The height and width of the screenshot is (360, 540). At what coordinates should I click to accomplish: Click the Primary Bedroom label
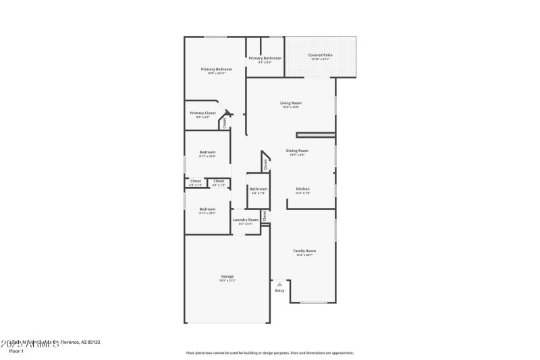click(216, 70)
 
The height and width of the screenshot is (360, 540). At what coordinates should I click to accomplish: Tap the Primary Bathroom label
click(265, 58)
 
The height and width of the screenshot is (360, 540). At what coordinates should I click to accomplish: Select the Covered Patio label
click(320, 55)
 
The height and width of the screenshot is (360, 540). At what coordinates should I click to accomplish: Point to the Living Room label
click(291, 103)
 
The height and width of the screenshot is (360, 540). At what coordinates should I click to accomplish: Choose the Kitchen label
click(302, 188)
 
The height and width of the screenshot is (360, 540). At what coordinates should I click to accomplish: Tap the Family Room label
click(305, 251)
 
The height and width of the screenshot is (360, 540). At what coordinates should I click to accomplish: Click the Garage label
click(227, 276)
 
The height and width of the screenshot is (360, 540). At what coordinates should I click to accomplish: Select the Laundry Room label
click(246, 220)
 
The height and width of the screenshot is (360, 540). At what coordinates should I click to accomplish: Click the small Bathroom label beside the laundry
click(259, 188)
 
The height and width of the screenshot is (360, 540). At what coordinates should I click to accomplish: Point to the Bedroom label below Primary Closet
click(207, 152)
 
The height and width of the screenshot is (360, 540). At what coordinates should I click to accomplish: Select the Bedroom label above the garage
click(207, 209)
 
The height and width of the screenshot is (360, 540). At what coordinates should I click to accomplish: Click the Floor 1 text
click(16, 351)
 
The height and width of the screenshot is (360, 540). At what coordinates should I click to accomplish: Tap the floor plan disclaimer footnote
click(269, 353)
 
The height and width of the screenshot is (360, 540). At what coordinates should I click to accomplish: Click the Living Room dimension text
click(291, 107)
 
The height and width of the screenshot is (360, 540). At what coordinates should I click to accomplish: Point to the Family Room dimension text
click(305, 255)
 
